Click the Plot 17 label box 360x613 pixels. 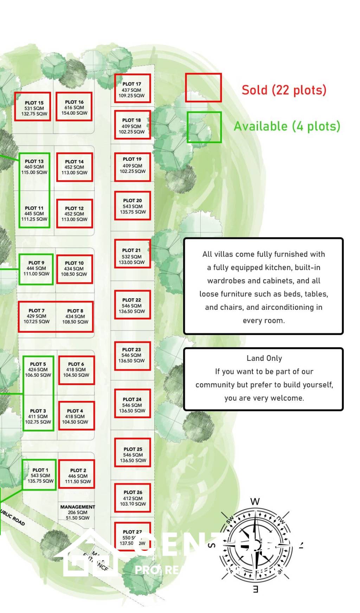(x=132, y=89)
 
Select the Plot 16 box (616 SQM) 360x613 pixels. (x=74, y=107)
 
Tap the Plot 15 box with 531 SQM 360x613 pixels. (x=33, y=107)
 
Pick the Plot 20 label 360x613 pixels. (x=133, y=206)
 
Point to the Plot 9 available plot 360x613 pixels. (x=36, y=269)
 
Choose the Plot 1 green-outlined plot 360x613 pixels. (x=39, y=475)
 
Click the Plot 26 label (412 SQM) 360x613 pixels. (x=133, y=498)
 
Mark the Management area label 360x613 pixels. (x=77, y=512)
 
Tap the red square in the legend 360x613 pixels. (x=203, y=88)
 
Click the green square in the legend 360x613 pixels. (x=204, y=127)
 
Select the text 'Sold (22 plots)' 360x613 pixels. (x=284, y=90)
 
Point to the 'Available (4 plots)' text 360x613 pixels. (x=287, y=126)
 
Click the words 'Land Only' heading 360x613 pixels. (x=264, y=358)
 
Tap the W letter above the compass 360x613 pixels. (x=255, y=502)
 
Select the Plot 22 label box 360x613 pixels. (x=132, y=305)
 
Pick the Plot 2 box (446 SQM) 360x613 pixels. (x=77, y=474)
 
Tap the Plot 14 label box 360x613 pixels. (x=75, y=167)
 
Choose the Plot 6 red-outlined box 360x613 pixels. (x=76, y=370)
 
